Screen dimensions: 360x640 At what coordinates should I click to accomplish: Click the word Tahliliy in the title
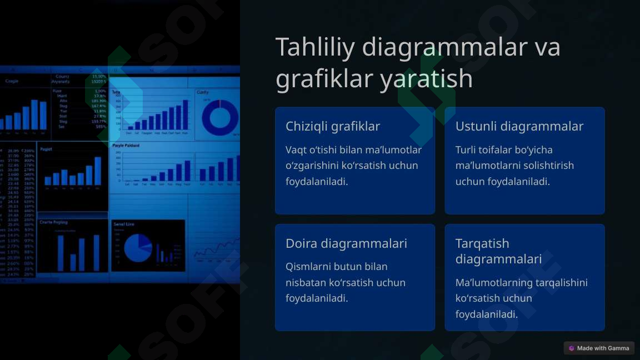[x=315, y=47]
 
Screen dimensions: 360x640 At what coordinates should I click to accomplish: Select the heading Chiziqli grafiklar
[x=333, y=126]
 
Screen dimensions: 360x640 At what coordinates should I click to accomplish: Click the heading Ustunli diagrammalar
[x=519, y=126]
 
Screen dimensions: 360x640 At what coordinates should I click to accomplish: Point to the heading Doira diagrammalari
[x=346, y=243]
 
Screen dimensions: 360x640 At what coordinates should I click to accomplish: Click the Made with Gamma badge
[x=599, y=348]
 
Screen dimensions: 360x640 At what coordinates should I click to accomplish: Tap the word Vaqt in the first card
[x=296, y=150]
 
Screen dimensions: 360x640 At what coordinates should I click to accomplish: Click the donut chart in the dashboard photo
[x=219, y=117]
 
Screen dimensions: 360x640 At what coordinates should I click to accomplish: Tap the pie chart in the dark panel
[x=137, y=248]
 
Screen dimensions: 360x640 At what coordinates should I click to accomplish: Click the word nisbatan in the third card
[x=306, y=283]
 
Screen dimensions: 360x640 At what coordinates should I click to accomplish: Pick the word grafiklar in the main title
[x=324, y=79]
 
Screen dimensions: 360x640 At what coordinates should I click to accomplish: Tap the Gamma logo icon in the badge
[x=572, y=348]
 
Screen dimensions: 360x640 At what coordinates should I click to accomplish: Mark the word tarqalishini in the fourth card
[x=561, y=283]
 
